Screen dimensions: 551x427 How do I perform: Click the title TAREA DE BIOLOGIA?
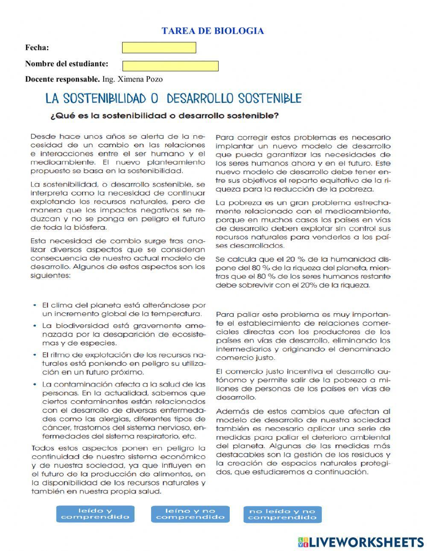pyautogui.click(x=213, y=31)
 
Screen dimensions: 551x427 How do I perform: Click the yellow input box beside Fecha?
pyautogui.click(x=159, y=48)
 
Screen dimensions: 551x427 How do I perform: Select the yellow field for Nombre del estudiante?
pyautogui.click(x=170, y=66)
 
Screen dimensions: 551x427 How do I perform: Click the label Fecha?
pyautogui.click(x=37, y=47)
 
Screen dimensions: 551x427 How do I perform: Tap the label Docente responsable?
pyautogui.click(x=62, y=79)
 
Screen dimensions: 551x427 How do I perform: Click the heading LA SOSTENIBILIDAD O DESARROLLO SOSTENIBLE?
pyautogui.click(x=173, y=99)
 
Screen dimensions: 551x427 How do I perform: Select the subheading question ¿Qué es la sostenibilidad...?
pyautogui.click(x=164, y=116)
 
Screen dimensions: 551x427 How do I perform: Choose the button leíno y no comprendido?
pyautogui.click(x=190, y=514)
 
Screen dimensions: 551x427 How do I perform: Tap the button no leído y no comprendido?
pyautogui.click(x=282, y=514)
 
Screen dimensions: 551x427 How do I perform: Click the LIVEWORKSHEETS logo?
pyautogui.click(x=361, y=542)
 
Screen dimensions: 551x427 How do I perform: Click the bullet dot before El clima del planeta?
pyautogui.click(x=35, y=306)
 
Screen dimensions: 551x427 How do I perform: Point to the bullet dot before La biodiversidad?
pyautogui.click(x=35, y=326)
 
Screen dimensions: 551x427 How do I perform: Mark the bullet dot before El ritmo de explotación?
pyautogui.click(x=35, y=355)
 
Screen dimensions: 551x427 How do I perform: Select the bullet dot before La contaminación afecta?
pyautogui.click(x=35, y=384)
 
